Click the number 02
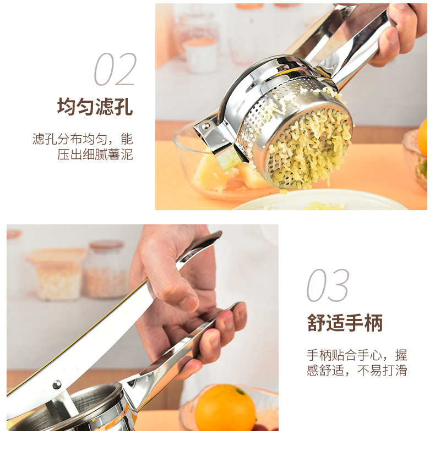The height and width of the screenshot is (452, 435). coord(116,69)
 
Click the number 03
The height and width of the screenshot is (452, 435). coord(328,285)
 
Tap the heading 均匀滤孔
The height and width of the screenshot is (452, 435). coord(95,107)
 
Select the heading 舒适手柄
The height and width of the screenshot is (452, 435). coord(345,323)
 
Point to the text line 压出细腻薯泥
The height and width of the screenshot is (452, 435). coord(95,155)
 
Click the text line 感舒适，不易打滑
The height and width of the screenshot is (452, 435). coord(357,370)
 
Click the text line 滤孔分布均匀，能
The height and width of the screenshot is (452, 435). coord(83,139)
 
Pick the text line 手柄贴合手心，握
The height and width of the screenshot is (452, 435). coord(357,355)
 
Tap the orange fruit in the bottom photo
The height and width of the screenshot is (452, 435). coord(225,407)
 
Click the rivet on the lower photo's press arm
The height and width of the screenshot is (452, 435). coord(57,384)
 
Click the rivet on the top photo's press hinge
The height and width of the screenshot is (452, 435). coord(205,126)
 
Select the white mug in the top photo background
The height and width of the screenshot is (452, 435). coord(200,55)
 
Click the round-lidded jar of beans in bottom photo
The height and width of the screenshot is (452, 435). coord(106,269)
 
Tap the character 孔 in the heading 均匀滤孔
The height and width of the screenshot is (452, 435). coord(124,107)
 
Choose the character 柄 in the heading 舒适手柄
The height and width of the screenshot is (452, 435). coord(374,323)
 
